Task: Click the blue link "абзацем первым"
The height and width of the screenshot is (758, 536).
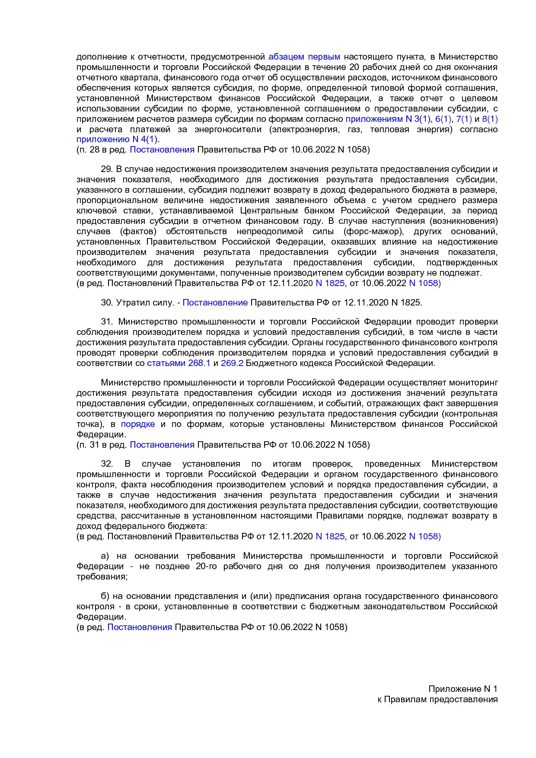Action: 304,57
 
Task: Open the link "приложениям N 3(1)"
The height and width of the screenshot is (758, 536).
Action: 388,119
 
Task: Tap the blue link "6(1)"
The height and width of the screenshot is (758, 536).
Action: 443,119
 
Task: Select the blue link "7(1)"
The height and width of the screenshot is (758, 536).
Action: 464,119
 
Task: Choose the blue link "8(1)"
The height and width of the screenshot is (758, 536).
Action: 490,119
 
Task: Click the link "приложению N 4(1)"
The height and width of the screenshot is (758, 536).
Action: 117,139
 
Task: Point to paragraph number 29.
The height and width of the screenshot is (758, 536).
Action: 106,169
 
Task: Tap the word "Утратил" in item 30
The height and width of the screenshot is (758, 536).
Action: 132,303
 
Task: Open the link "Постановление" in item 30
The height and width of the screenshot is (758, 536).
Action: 215,303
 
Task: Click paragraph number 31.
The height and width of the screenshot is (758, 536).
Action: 106,322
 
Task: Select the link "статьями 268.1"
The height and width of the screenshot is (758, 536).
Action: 179,363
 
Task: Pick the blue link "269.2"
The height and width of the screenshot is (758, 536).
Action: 232,363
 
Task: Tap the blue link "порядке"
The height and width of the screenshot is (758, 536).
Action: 138,424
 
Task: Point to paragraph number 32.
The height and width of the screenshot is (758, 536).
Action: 106,464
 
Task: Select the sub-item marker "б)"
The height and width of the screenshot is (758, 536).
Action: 105,596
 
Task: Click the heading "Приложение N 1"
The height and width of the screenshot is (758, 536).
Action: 463,689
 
